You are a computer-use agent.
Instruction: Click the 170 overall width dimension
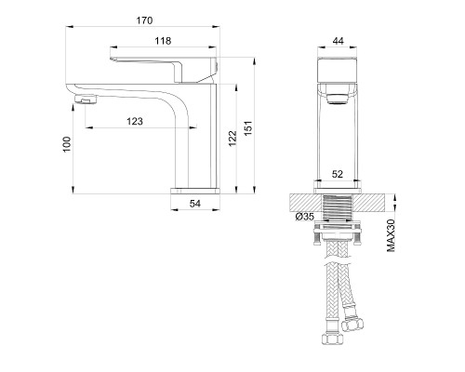(x=144, y=20)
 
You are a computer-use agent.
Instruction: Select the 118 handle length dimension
(x=163, y=41)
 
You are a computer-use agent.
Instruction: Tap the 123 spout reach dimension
(x=135, y=121)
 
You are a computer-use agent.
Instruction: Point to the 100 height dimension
(x=67, y=144)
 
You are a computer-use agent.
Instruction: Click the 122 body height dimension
(x=232, y=139)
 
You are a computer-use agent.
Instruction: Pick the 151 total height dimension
(x=248, y=127)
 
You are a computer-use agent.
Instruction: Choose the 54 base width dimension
(x=195, y=204)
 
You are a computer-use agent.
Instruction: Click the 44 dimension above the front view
(x=338, y=41)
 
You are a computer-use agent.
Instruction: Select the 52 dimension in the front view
(x=338, y=174)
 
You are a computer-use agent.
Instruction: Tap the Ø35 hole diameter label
(x=305, y=217)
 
